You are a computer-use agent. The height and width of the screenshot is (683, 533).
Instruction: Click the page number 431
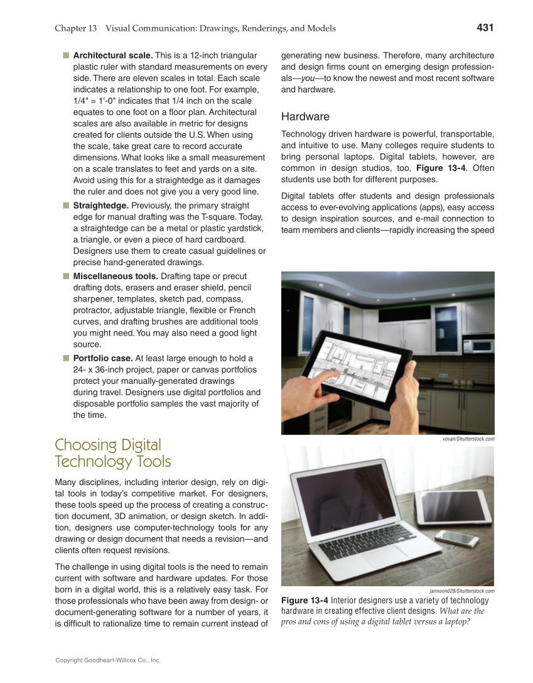485,28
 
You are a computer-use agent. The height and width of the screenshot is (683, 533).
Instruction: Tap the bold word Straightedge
98,205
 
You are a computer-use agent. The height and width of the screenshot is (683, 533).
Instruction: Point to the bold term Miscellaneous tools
116,276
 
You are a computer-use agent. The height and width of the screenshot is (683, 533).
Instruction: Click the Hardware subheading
305,117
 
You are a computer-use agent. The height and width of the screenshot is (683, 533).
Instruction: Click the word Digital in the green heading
133,445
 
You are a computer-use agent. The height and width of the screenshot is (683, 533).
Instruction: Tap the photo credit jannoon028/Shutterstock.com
462,591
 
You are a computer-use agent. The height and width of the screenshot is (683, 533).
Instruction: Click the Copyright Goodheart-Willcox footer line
108,660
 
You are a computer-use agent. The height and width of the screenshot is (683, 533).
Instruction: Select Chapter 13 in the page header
75,28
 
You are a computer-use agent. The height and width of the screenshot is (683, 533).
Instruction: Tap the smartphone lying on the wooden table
457,538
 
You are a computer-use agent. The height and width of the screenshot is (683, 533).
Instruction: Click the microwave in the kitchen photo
482,346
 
